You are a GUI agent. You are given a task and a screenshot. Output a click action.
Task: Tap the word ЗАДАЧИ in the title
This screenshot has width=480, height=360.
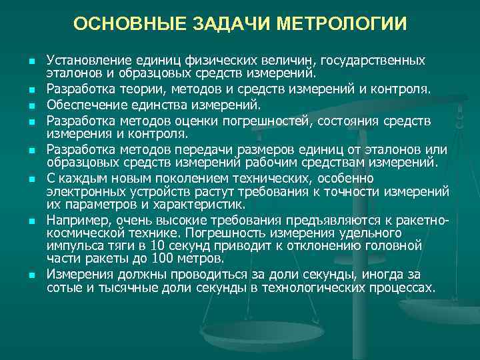coord(225,24)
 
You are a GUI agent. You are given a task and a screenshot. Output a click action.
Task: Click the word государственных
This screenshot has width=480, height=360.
coord(377,60)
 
